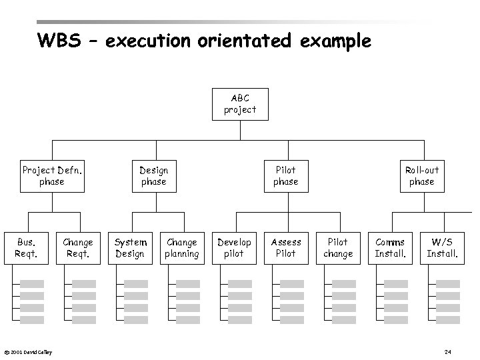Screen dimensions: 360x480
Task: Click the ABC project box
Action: point(240,103)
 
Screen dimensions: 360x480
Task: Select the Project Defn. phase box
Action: point(52,175)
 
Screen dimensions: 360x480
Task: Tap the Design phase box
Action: point(154,175)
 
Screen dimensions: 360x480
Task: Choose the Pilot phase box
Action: point(286,175)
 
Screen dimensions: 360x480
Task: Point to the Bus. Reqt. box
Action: point(26,247)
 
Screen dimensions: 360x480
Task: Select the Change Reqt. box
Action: point(78,247)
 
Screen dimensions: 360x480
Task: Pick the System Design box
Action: point(130,247)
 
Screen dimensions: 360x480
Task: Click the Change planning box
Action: point(182,247)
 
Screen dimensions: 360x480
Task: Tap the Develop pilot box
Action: point(234,247)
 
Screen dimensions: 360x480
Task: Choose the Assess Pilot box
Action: point(286,247)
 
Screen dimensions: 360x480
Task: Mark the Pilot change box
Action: point(338,247)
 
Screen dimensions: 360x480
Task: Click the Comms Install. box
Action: point(390,247)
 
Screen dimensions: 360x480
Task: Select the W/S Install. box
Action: point(442,247)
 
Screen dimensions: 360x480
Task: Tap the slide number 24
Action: point(448,351)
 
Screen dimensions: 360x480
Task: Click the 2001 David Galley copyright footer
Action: point(28,352)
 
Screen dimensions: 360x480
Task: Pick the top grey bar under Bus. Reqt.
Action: point(32,283)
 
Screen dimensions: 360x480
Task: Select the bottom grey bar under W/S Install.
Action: point(448,320)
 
